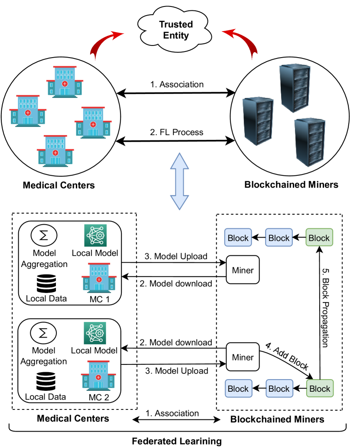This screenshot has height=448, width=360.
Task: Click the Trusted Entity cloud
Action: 176,29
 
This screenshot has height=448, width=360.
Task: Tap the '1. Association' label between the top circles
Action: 177,84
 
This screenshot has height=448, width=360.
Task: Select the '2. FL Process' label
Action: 177,132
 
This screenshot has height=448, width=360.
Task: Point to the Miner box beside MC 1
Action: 243,271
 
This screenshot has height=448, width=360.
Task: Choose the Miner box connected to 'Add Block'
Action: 243,358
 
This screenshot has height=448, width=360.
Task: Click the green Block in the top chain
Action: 319,238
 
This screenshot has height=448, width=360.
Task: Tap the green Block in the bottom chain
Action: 320,388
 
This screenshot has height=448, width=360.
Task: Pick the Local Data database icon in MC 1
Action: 46,284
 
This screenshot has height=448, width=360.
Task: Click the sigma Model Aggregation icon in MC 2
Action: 42,333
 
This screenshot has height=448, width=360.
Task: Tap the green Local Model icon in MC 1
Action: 95,236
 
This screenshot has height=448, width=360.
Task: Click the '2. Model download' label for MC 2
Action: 175,342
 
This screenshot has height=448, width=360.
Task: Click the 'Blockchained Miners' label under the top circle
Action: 292,185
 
